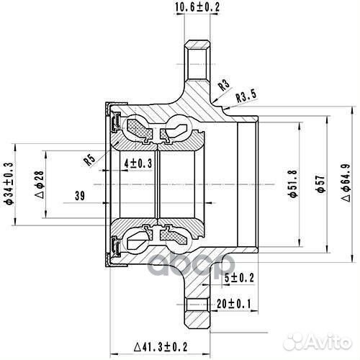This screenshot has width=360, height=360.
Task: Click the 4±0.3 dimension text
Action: (138, 163)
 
